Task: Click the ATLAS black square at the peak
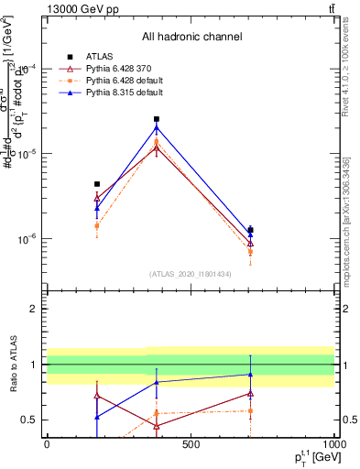pyautogui.click(x=157, y=119)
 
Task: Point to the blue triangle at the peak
pyautogui.click(x=157, y=127)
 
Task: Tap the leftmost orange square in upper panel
pyautogui.click(x=97, y=224)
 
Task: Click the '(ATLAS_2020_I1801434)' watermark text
pyautogui.click(x=191, y=274)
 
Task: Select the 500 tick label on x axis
pyautogui.click(x=191, y=444)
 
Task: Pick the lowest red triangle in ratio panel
pyautogui.click(x=157, y=426)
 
